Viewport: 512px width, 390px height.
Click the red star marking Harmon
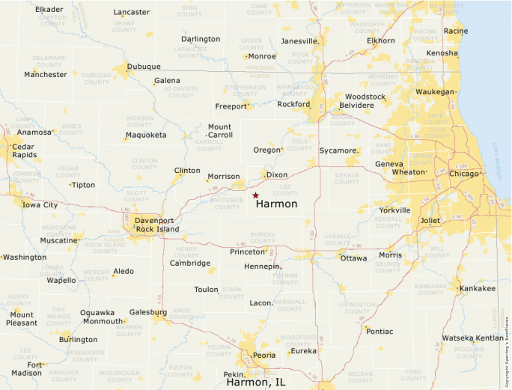tap(255, 195)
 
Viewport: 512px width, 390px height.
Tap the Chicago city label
tap(464, 174)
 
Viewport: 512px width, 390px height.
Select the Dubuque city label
tap(144, 67)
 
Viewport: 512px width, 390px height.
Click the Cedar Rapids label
tap(23, 150)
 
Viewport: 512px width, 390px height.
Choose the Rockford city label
tap(293, 104)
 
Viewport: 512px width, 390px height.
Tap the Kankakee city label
tap(478, 288)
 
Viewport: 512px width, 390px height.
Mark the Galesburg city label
tap(148, 312)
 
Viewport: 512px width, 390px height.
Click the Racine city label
tap(456, 31)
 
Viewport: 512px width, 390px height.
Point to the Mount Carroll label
tap(220, 131)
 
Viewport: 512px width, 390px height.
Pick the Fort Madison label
tap(27, 368)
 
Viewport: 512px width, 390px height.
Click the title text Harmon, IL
tap(256, 382)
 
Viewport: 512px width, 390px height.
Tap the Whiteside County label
tap(228, 204)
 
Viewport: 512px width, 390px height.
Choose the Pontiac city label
tap(380, 331)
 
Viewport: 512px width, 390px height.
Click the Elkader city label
tap(49, 10)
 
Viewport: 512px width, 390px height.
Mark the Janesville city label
tap(299, 41)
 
